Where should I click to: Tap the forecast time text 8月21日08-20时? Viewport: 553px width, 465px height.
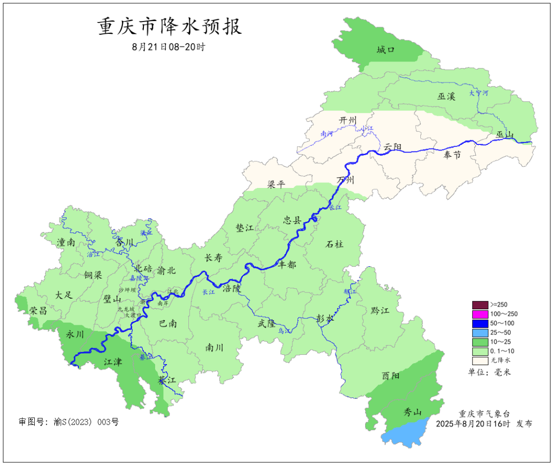pos(168,47)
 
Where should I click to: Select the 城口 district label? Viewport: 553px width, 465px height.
pos(386,50)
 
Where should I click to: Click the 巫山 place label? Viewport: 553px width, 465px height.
pos(504,135)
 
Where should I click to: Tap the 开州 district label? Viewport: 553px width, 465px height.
pos(348,120)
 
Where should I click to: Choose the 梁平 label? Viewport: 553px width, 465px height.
pos(276,184)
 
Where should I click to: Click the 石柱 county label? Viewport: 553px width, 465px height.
pos(334,244)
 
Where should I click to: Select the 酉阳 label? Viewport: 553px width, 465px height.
pos(391,376)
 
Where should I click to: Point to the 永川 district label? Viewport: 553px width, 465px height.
pos(75,334)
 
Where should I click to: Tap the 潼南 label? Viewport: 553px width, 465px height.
pos(66,243)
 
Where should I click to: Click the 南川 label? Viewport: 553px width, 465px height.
pos(214,348)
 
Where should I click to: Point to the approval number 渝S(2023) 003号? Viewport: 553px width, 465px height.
pos(69,422)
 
